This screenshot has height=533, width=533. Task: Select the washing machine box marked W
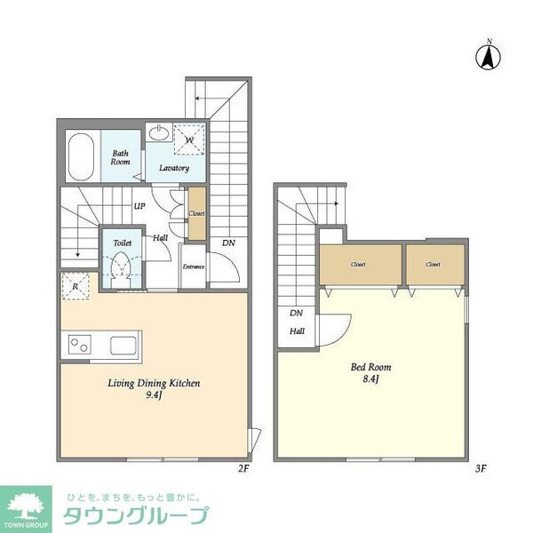189,139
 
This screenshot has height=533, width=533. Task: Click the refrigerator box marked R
75,285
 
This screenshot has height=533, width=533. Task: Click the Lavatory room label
174,167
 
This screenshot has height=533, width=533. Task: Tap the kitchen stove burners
78,344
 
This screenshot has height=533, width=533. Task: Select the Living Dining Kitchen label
153,384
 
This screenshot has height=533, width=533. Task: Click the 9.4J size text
155,397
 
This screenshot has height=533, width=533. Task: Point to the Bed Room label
371,367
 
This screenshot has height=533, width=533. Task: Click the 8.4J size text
370,380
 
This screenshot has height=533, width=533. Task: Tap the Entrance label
194,266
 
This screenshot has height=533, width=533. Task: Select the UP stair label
139,207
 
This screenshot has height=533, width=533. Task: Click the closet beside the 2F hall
197,213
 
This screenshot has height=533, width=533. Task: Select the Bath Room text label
120,158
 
